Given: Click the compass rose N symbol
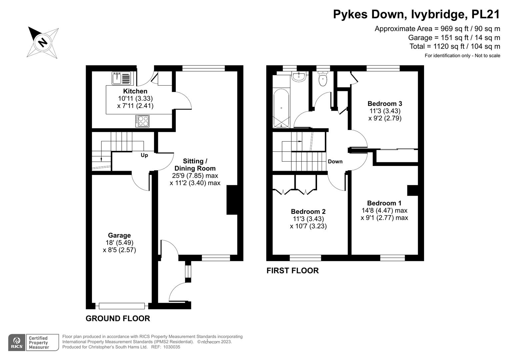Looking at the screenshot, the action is [43, 43].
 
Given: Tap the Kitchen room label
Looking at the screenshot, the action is [135, 91].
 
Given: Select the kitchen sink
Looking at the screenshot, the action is [121, 78].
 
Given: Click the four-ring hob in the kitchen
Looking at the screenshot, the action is [142, 121].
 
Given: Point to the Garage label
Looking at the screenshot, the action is [119, 235].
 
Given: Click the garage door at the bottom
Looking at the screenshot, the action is [122, 306].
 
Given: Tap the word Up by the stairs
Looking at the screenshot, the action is [144, 155].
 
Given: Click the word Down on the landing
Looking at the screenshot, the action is [335, 162].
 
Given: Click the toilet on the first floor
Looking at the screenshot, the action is [323, 79].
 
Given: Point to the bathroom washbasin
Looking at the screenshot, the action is [300, 76].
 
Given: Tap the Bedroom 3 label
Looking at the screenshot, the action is [385, 104].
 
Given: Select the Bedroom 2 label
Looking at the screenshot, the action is [308, 212].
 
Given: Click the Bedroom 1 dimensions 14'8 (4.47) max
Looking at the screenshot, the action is [384, 210].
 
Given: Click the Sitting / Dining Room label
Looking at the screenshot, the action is [195, 165].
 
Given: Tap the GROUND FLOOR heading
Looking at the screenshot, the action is [118, 318].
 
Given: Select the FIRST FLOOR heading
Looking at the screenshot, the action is [293, 271].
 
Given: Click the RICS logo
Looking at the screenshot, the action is [17, 343].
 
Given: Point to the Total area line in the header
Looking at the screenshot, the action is [455, 46].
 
